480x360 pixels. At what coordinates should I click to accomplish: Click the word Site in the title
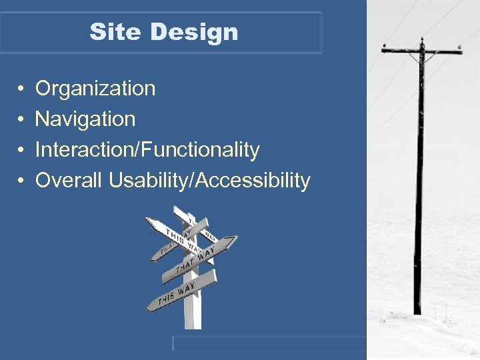[x=109, y=32]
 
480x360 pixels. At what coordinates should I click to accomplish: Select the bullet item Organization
[x=95, y=88]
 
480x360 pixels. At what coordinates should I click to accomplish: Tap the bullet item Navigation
[x=85, y=119]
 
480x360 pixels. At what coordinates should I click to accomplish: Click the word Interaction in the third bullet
[x=84, y=150]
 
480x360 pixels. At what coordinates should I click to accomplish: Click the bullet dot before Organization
[x=21, y=89]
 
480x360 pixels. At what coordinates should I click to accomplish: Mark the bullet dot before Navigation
[x=21, y=120]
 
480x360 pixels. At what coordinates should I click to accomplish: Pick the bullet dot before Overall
[x=21, y=181]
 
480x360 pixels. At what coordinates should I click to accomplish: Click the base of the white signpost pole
[x=193, y=323]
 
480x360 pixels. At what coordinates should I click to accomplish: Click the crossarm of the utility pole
[x=421, y=50]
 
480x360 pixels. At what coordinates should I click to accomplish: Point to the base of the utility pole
[x=417, y=310]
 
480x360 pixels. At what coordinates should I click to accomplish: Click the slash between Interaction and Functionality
[x=137, y=151]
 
